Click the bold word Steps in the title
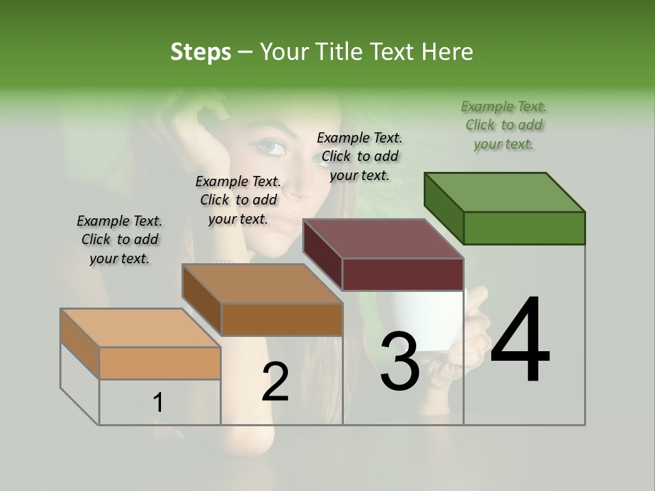(x=201, y=52)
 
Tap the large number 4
(x=520, y=341)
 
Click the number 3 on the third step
(x=399, y=362)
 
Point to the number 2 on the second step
(x=275, y=382)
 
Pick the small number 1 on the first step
(x=158, y=403)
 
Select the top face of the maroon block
(x=382, y=239)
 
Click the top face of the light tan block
(x=140, y=328)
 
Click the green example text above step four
(x=504, y=125)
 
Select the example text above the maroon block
(x=360, y=156)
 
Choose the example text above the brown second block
(x=238, y=200)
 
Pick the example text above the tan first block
(x=119, y=239)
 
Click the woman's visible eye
(x=272, y=147)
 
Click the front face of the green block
(x=524, y=228)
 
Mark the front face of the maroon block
(x=403, y=274)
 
